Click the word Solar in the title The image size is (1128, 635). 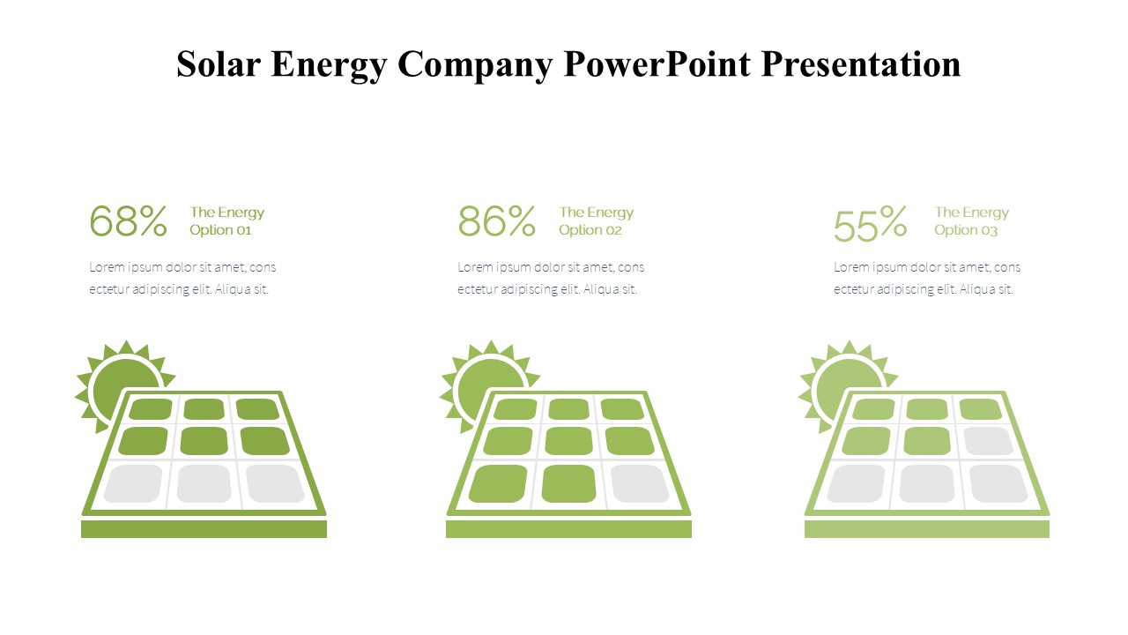(218, 64)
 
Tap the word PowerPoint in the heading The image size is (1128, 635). (657, 64)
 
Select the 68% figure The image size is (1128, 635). (128, 220)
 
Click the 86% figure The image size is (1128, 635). (496, 220)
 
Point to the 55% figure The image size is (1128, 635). (870, 223)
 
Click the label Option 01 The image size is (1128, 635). (220, 230)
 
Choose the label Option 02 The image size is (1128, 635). (590, 230)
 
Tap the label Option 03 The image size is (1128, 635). (966, 230)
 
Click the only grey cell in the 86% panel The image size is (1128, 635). (640, 484)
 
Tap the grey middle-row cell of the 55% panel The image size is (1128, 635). (988, 441)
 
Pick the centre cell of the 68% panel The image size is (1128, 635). (204, 441)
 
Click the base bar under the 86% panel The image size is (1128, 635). (568, 529)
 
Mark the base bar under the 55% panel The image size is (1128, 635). (927, 529)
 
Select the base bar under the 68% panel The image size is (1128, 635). (204, 529)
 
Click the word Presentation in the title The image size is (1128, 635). (861, 64)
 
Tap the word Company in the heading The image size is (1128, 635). (475, 65)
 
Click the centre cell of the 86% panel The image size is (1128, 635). (569, 441)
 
